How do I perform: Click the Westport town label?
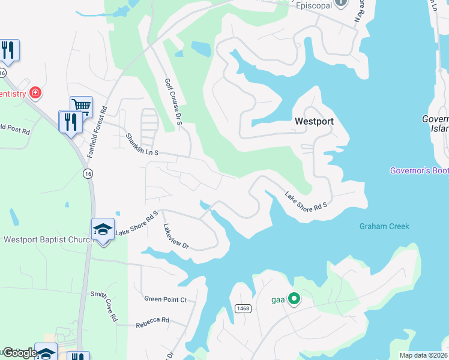(313, 121)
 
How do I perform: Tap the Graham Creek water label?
(384, 226)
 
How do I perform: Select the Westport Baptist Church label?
(47, 239)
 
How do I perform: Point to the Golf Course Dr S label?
(173, 102)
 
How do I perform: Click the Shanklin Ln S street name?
(142, 145)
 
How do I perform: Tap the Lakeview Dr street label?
(176, 237)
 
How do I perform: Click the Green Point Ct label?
(166, 299)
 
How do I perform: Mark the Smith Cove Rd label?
(103, 307)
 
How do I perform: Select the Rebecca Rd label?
(152, 320)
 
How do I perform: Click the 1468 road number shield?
(243, 308)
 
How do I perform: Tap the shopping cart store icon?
(81, 107)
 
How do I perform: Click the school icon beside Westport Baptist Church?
(103, 229)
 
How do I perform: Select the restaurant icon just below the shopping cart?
(70, 121)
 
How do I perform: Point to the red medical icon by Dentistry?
(35, 92)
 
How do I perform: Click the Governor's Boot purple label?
(419, 170)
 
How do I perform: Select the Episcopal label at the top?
(315, 5)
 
